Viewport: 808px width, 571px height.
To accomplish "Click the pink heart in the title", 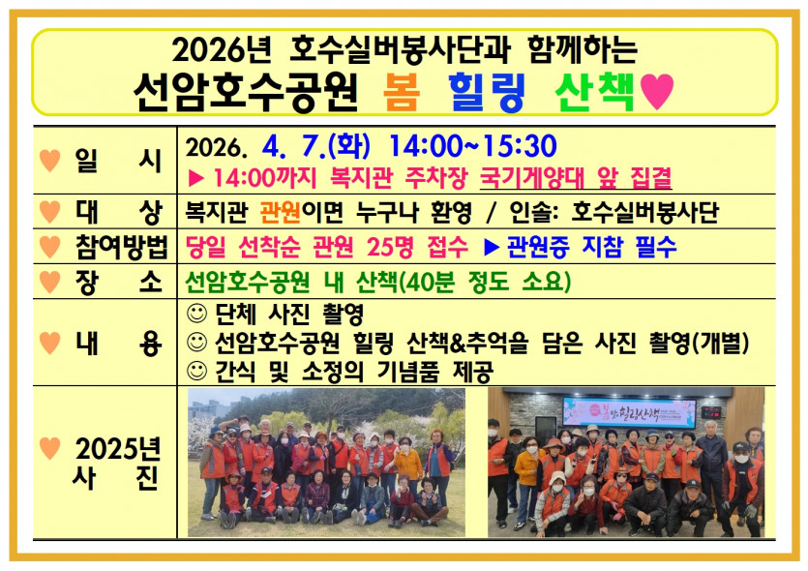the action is pyautogui.click(x=657, y=91).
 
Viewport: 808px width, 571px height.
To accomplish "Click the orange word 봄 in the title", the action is pyautogui.click(x=401, y=92).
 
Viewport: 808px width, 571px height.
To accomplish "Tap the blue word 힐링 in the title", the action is pyautogui.click(x=487, y=92).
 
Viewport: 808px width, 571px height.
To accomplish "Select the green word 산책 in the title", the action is pyautogui.click(x=595, y=92).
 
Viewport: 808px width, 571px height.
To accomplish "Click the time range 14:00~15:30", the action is pyautogui.click(x=473, y=146).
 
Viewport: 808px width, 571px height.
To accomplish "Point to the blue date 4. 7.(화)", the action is pyautogui.click(x=315, y=146).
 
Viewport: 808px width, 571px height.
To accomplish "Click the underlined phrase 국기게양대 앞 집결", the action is pyautogui.click(x=576, y=178).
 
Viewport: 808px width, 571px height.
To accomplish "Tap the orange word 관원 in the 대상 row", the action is pyautogui.click(x=281, y=212).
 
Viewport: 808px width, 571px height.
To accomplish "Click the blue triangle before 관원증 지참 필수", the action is pyautogui.click(x=493, y=248).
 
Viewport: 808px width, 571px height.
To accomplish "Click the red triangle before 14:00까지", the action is pyautogui.click(x=196, y=178).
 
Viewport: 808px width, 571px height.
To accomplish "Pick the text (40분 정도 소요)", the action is pyautogui.click(x=485, y=282).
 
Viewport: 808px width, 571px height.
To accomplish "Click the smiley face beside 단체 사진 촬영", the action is pyautogui.click(x=196, y=313).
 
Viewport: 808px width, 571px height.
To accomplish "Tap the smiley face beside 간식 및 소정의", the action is pyautogui.click(x=196, y=370).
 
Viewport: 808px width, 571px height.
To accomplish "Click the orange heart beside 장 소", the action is pyautogui.click(x=50, y=283).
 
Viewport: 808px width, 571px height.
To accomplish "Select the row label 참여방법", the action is pyautogui.click(x=121, y=247).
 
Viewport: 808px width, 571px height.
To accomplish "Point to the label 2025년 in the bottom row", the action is pyautogui.click(x=118, y=449).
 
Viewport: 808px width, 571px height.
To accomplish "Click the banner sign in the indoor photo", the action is pyautogui.click(x=629, y=412).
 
